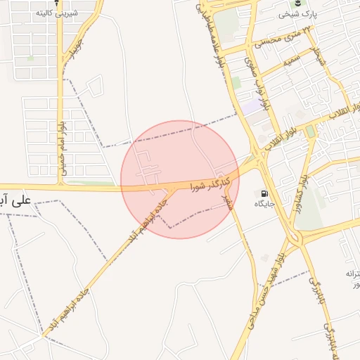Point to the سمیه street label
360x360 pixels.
click(292, 63)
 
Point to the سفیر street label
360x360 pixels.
click(228, 204)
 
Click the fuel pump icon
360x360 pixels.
click(264, 193)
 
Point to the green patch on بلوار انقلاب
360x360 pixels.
click(310, 131)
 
